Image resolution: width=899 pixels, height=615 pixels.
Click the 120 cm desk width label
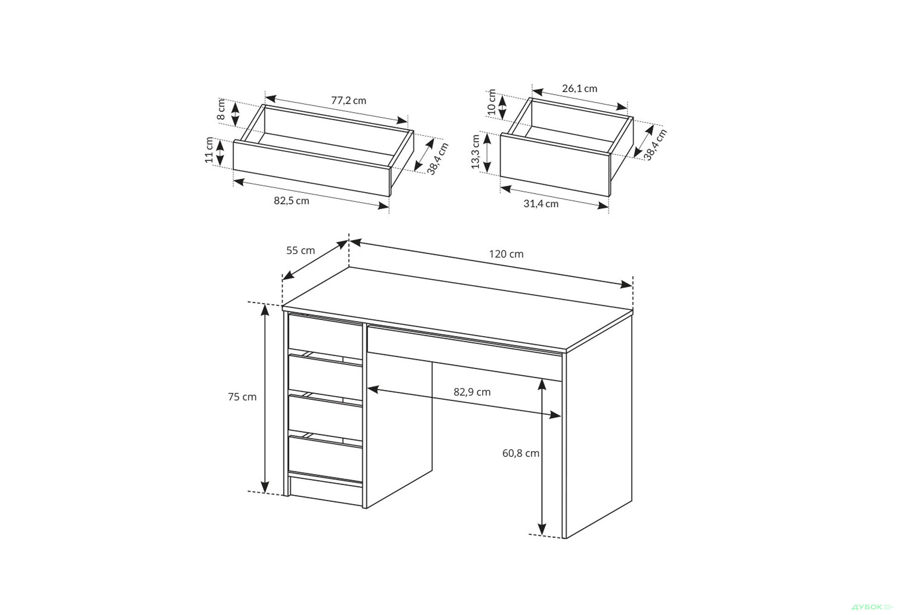(506, 254)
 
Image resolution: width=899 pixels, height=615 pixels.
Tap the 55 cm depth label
(301, 250)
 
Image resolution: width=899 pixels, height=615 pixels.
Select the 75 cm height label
(242, 397)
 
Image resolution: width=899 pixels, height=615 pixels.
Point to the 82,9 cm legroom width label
(472, 392)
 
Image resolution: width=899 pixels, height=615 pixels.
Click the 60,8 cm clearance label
(521, 453)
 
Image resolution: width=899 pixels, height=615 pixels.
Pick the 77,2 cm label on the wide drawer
(349, 101)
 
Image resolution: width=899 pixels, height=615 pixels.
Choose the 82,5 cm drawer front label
(292, 201)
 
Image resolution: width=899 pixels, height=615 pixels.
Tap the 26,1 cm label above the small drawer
(580, 88)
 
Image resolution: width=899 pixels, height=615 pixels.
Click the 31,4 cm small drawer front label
(541, 204)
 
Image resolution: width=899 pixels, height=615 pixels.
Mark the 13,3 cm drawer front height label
(476, 152)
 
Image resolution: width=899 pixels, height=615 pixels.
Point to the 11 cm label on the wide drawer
(209, 150)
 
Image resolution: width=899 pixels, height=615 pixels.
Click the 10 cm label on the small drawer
(491, 102)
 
